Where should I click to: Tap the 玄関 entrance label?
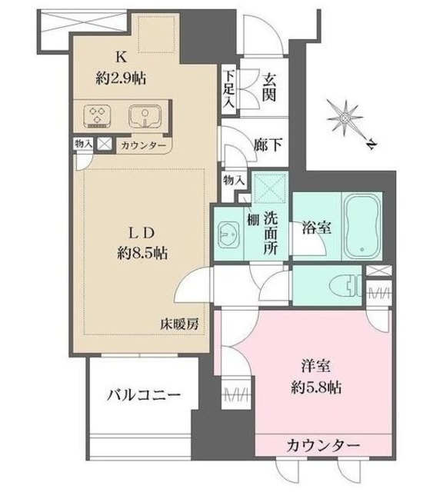[270, 87]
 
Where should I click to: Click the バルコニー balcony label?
[143, 397]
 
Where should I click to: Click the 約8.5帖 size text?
[143, 253]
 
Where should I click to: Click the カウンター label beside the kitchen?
[142, 145]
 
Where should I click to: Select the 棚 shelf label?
[252, 218]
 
